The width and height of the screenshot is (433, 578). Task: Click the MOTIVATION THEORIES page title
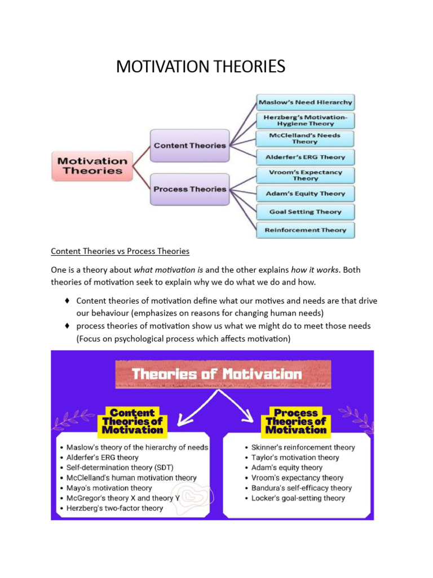[201, 67]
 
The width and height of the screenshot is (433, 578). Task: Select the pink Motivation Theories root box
[91, 165]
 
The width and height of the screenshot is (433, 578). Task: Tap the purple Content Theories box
[189, 145]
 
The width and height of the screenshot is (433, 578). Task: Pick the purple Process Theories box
[189, 189]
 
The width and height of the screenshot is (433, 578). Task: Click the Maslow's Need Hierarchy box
[305, 103]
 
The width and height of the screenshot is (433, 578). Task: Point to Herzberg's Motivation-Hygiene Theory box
[305, 120]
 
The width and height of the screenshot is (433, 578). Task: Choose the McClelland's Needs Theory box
[305, 138]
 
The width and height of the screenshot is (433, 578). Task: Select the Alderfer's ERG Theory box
[305, 157]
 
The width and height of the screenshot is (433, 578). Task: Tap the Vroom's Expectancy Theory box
[305, 175]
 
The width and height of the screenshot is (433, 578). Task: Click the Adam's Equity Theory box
[305, 194]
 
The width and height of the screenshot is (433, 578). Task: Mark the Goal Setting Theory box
[305, 212]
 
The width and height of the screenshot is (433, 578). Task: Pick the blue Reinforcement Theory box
[305, 230]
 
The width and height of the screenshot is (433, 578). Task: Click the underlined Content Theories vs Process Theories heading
[120, 251]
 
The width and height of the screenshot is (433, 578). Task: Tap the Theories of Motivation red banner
[217, 374]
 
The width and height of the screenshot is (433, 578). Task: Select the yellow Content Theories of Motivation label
[132, 421]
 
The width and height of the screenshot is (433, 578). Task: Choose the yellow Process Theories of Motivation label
[296, 421]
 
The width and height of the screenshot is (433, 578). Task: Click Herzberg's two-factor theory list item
[114, 508]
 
